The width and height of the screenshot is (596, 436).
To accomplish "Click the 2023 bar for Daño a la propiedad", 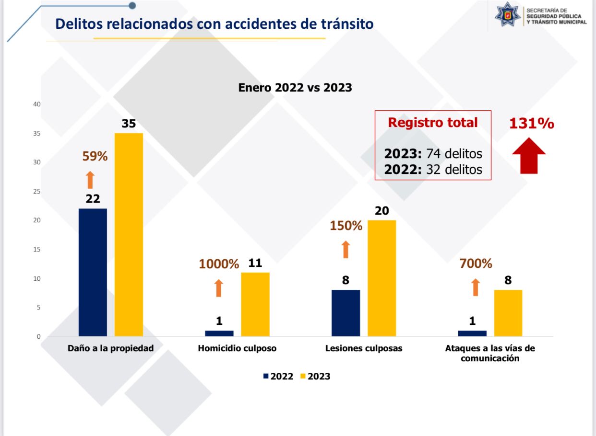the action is coord(129,235).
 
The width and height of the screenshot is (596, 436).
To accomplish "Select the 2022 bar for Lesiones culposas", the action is coord(346,313).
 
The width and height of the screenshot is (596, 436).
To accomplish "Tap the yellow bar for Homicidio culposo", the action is coord(255,305).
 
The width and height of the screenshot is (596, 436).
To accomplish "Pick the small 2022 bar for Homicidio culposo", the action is coord(219,333).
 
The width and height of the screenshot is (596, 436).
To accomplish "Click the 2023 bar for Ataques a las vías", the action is coord(508,313).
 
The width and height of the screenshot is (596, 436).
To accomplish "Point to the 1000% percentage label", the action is coord(219,264).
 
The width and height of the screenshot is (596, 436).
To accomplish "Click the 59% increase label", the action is coord(95,156).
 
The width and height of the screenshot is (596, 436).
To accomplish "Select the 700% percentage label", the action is coord(476,264).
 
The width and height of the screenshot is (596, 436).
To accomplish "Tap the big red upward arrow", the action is coord(529,156).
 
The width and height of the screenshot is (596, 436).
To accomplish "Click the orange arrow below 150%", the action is coord(346,250).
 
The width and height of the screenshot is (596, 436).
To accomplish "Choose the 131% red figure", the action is coord(532,124).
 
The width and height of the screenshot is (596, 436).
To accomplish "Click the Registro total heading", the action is coord(433,123).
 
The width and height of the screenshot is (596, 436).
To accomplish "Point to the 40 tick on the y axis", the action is coord(37,104).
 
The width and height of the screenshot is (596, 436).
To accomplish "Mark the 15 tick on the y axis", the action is coord(37,249).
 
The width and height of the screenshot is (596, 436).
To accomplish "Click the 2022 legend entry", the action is coord(278,376).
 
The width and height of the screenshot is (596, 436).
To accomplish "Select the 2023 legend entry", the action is coord(315,376).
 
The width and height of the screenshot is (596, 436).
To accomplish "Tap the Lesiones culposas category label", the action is coord(364,348).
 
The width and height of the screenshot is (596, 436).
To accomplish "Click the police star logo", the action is coord(508,14).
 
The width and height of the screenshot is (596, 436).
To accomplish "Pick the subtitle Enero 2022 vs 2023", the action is coord(295,87).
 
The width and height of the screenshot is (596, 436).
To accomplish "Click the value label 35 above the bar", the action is coord(129,124).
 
